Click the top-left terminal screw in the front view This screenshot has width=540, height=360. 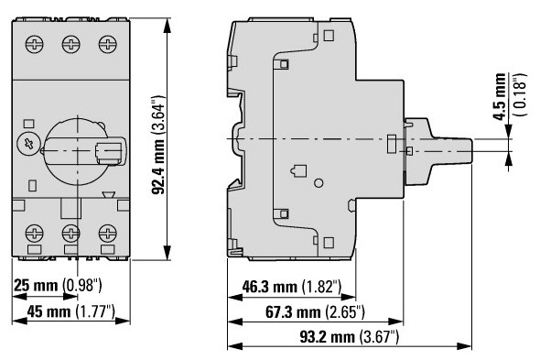pyautogui.click(x=35, y=44)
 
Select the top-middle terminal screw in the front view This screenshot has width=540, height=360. pyautogui.click(x=71, y=44)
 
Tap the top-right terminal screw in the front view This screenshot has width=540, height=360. pyautogui.click(x=107, y=44)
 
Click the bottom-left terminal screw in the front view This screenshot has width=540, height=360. pyautogui.click(x=35, y=234)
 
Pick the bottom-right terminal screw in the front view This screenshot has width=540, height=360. pyautogui.click(x=107, y=234)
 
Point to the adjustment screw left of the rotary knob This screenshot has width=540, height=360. pyautogui.click(x=29, y=144)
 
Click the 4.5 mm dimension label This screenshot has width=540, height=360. pyautogui.click(x=500, y=96)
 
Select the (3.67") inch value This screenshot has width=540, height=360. pyautogui.click(x=379, y=337)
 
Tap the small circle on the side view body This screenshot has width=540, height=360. pyautogui.click(x=319, y=183)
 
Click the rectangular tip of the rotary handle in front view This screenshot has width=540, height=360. pyautogui.click(x=109, y=152)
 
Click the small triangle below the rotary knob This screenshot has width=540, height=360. pyautogui.click(x=109, y=195)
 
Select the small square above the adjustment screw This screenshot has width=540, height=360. pyautogui.click(x=28, y=125)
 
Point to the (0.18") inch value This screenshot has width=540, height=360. pyautogui.click(x=520, y=95)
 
